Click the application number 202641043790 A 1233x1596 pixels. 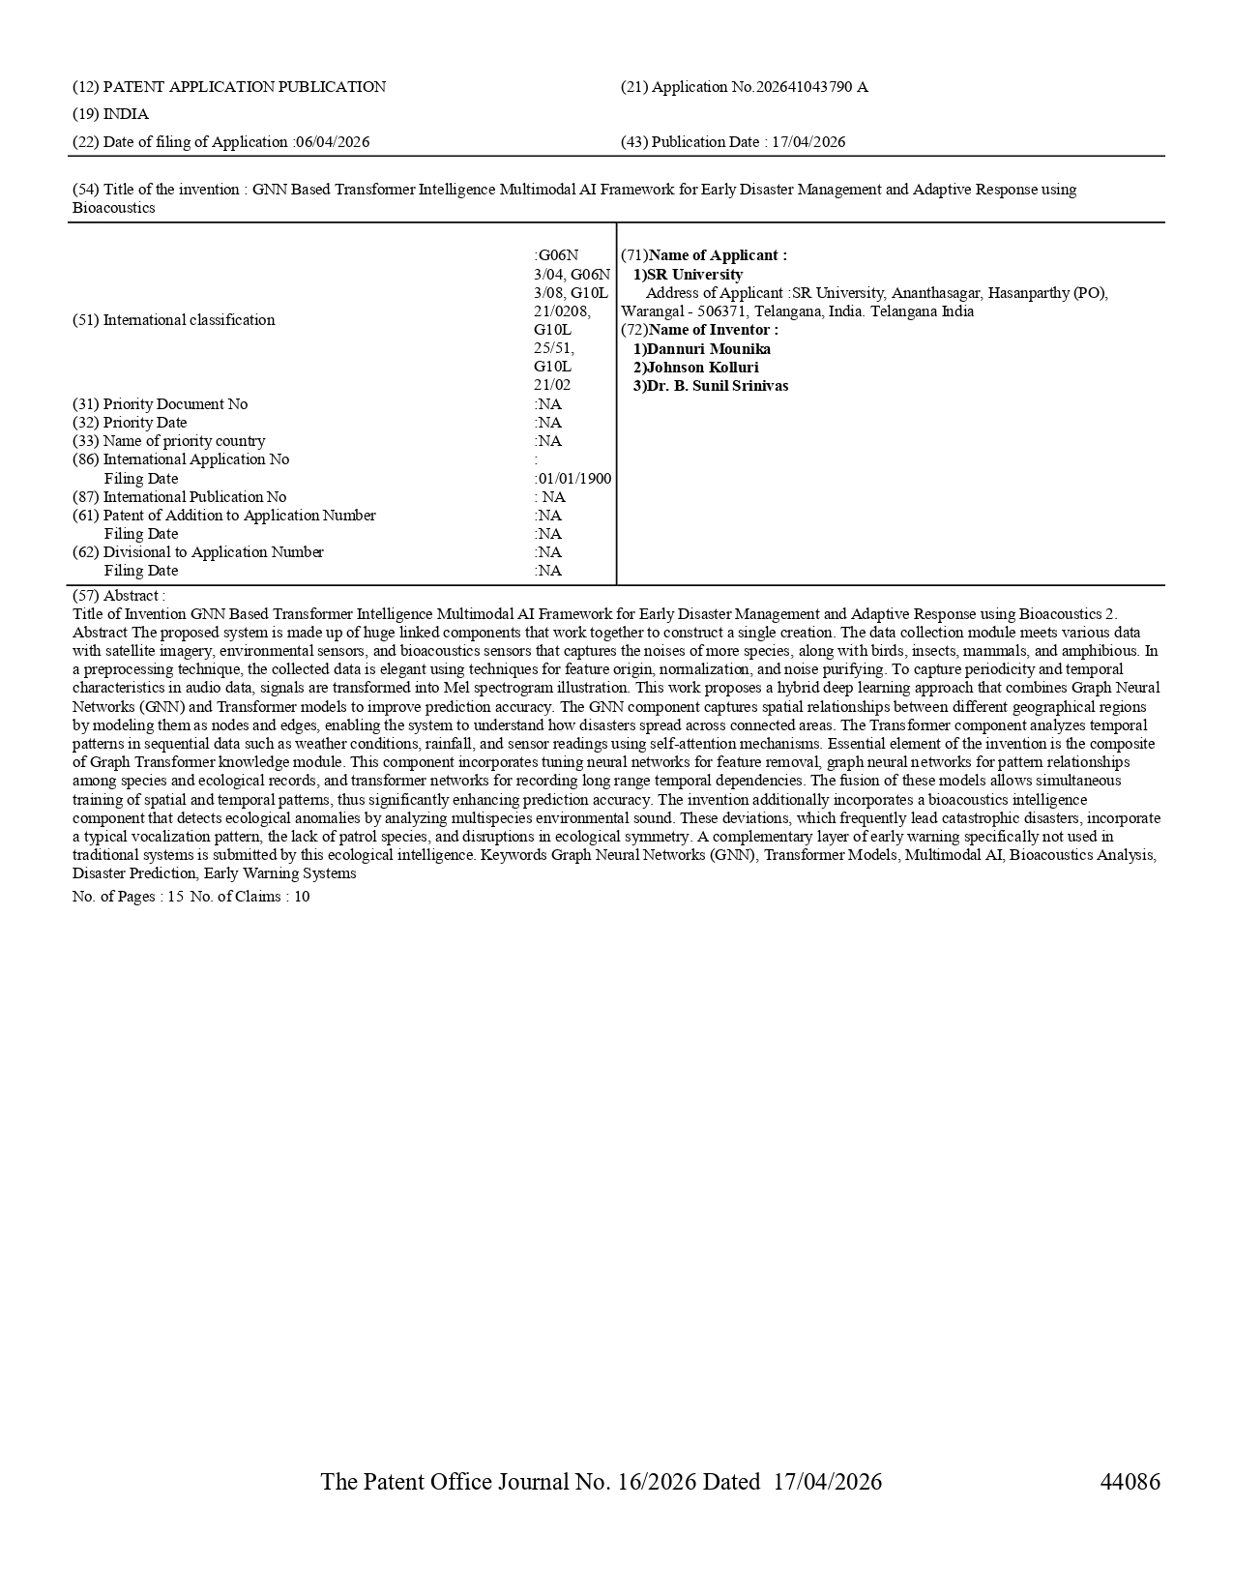pyautogui.click(x=811, y=87)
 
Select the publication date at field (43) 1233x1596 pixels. pyautogui.click(x=808, y=142)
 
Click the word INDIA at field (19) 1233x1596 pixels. pyautogui.click(x=126, y=114)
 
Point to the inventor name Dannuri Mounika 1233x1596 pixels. pyautogui.click(x=709, y=349)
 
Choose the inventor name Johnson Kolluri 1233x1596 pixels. pyautogui.click(x=702, y=368)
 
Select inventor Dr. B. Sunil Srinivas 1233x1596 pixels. pyautogui.click(x=718, y=386)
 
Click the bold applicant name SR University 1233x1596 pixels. pyautogui.click(x=694, y=275)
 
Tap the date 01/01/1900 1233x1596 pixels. pyautogui.click(x=574, y=479)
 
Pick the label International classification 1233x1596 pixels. pyautogui.click(x=189, y=320)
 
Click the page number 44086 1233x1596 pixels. pyautogui.click(x=1130, y=1482)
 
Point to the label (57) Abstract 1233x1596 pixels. pyautogui.click(x=119, y=596)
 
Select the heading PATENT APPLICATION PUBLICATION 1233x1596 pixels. pyautogui.click(x=244, y=87)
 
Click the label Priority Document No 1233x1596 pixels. pyautogui.click(x=175, y=404)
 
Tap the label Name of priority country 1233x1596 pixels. pyautogui.click(x=184, y=441)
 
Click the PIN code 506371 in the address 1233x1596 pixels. pyautogui.click(x=721, y=311)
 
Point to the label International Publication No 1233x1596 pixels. pyautogui.click(x=194, y=497)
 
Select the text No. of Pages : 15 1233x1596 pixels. pyautogui.click(x=128, y=897)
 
